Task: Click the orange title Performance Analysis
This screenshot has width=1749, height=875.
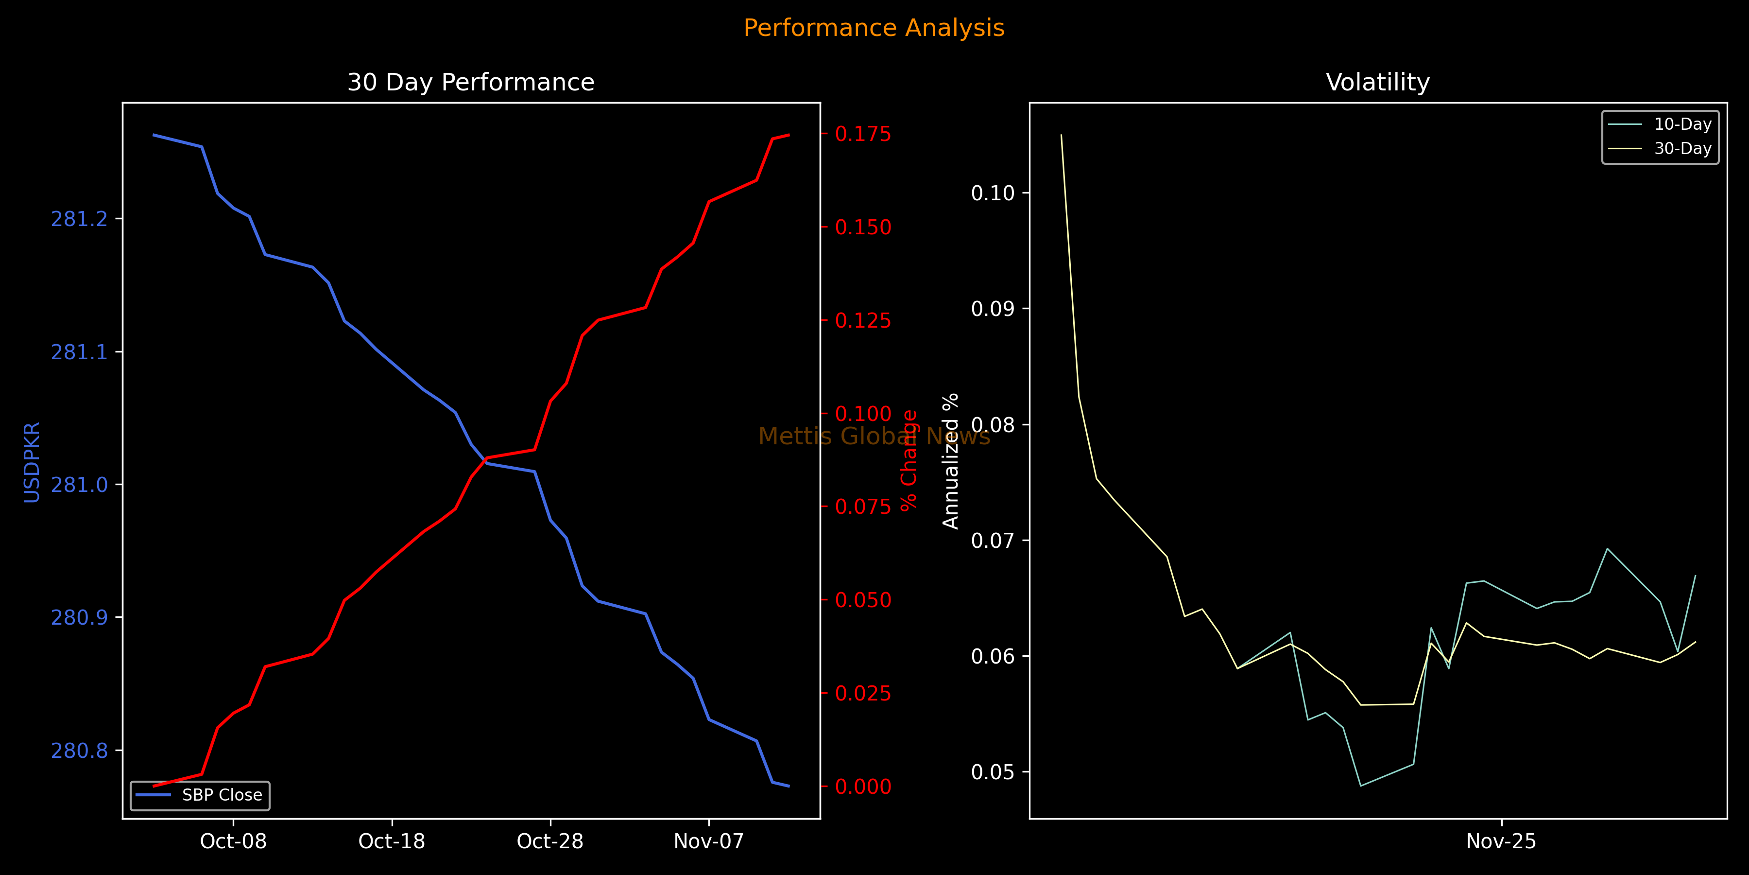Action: tap(874, 28)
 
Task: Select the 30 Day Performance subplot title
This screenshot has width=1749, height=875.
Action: tap(470, 82)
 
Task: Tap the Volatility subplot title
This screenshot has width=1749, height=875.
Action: tap(1378, 82)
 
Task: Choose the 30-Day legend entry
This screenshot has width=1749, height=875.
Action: tap(1682, 149)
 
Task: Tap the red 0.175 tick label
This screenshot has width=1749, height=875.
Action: tap(863, 134)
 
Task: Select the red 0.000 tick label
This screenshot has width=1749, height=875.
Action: tap(863, 787)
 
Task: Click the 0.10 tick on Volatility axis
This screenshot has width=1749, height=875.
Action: tap(993, 193)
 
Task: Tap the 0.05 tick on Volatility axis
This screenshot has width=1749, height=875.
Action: tap(993, 772)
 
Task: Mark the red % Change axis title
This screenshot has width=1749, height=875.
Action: tap(909, 460)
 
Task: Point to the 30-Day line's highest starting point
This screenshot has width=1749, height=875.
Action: tap(1061, 135)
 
